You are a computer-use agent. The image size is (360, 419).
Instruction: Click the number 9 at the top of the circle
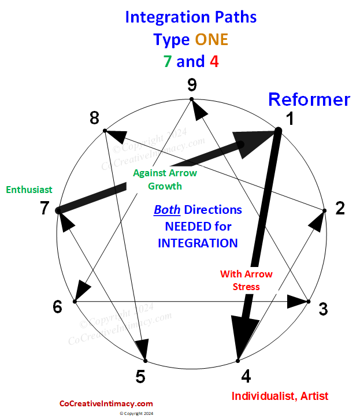tap(192, 86)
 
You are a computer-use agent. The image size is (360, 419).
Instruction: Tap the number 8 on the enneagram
tap(95, 118)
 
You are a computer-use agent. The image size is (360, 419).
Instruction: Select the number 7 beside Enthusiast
tap(44, 208)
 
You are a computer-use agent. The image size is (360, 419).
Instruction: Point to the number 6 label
tap(57, 306)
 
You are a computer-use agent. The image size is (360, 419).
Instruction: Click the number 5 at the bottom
tap(140, 377)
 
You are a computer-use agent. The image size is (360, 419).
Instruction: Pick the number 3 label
tap(323, 309)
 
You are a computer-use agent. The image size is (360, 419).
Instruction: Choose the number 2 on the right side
tap(340, 208)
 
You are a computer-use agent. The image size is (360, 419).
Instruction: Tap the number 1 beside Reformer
tap(291, 119)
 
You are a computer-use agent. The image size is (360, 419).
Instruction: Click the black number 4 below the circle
tap(246, 377)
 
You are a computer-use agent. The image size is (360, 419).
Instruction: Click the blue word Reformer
tap(309, 99)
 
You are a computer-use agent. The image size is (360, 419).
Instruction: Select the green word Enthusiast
tap(29, 190)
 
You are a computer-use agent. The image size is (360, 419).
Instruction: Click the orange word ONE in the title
tap(211, 39)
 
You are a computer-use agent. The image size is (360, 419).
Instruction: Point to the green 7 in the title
tap(167, 61)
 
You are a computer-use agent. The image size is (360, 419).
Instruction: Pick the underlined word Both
tap(165, 210)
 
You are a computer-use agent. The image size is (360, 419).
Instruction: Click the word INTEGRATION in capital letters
tap(198, 243)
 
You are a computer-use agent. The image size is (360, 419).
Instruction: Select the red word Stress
tap(246, 287)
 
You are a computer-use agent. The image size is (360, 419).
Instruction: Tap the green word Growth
tap(165, 186)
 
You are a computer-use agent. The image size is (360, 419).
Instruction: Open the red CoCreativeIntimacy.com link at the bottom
tap(106, 404)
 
